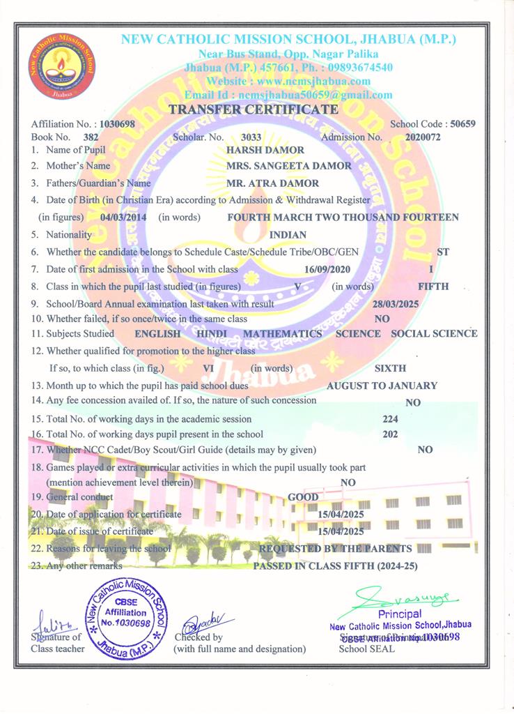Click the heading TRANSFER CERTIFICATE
tap(254, 109)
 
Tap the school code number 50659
tap(462, 123)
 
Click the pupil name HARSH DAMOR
tap(256, 150)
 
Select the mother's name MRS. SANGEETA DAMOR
tap(289, 166)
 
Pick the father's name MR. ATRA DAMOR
tap(273, 183)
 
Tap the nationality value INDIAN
tap(288, 235)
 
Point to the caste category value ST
tap(442, 252)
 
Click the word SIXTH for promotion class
tap(390, 367)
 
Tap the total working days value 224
tap(391, 419)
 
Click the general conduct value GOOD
tap(303, 497)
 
